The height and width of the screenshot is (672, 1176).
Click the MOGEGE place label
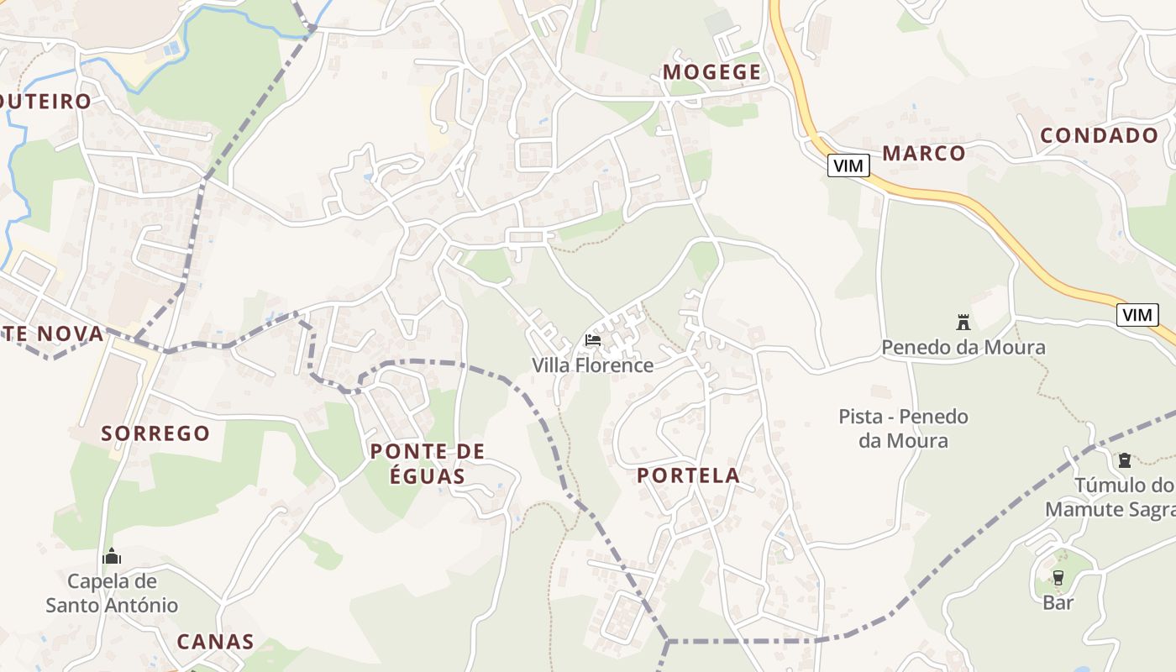pos(711,72)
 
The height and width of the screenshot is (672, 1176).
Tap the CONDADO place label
pos(1099,135)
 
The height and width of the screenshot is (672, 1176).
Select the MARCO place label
pos(923,153)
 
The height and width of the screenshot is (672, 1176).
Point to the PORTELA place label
pos(688,475)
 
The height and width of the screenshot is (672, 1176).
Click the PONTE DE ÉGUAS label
pos(428,464)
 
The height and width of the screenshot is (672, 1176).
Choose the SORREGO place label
pos(155,433)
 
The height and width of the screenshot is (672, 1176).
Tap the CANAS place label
pos(215,642)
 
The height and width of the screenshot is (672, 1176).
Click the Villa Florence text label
pos(592,365)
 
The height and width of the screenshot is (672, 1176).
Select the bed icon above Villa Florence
pos(593,340)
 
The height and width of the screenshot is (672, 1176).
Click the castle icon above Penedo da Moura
pos(963,322)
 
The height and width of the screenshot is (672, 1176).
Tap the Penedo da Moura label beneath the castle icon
pos(963,347)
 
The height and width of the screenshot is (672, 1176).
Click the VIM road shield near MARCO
pos(848,165)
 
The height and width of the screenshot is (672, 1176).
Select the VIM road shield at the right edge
pos(1137,315)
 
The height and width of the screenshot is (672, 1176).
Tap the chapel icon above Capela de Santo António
pos(112,556)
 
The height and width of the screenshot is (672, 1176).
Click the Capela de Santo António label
pos(112,593)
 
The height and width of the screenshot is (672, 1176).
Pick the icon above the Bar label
pos(1058,577)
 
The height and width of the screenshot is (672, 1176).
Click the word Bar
pos(1058,602)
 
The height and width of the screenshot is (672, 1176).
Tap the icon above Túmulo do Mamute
pos(1124,460)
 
